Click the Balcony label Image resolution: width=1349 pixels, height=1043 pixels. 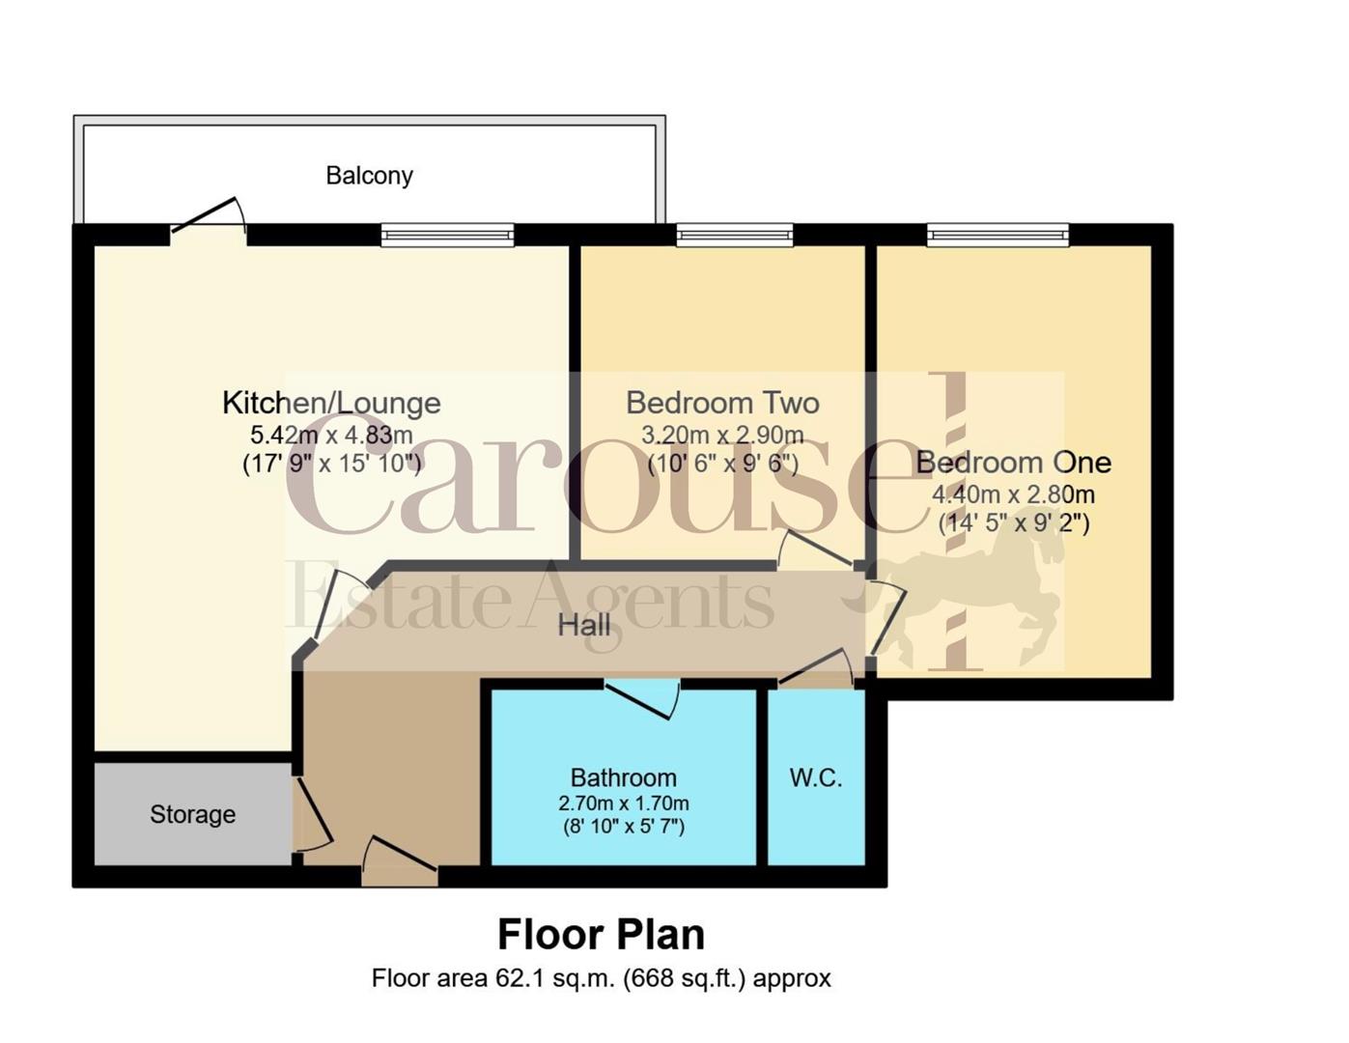[369, 176]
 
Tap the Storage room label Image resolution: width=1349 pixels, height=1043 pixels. [192, 814]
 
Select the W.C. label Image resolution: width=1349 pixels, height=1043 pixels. [816, 777]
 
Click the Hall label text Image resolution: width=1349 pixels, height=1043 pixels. [584, 625]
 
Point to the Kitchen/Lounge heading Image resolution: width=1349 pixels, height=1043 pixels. [331, 403]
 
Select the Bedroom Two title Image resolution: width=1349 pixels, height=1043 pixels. [722, 403]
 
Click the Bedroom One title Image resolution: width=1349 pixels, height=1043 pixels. [1013, 463]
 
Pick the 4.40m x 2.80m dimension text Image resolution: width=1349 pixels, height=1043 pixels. [1013, 494]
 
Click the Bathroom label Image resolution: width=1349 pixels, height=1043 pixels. [623, 777]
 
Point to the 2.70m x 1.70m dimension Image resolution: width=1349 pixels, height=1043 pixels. [623, 803]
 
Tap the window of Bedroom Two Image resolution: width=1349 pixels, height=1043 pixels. [735, 235]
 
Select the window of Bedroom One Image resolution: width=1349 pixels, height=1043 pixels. [998, 235]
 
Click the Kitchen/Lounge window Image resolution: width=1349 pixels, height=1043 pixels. [447, 235]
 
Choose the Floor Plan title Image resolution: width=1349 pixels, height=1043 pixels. [601, 934]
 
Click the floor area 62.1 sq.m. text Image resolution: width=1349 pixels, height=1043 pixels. [601, 978]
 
